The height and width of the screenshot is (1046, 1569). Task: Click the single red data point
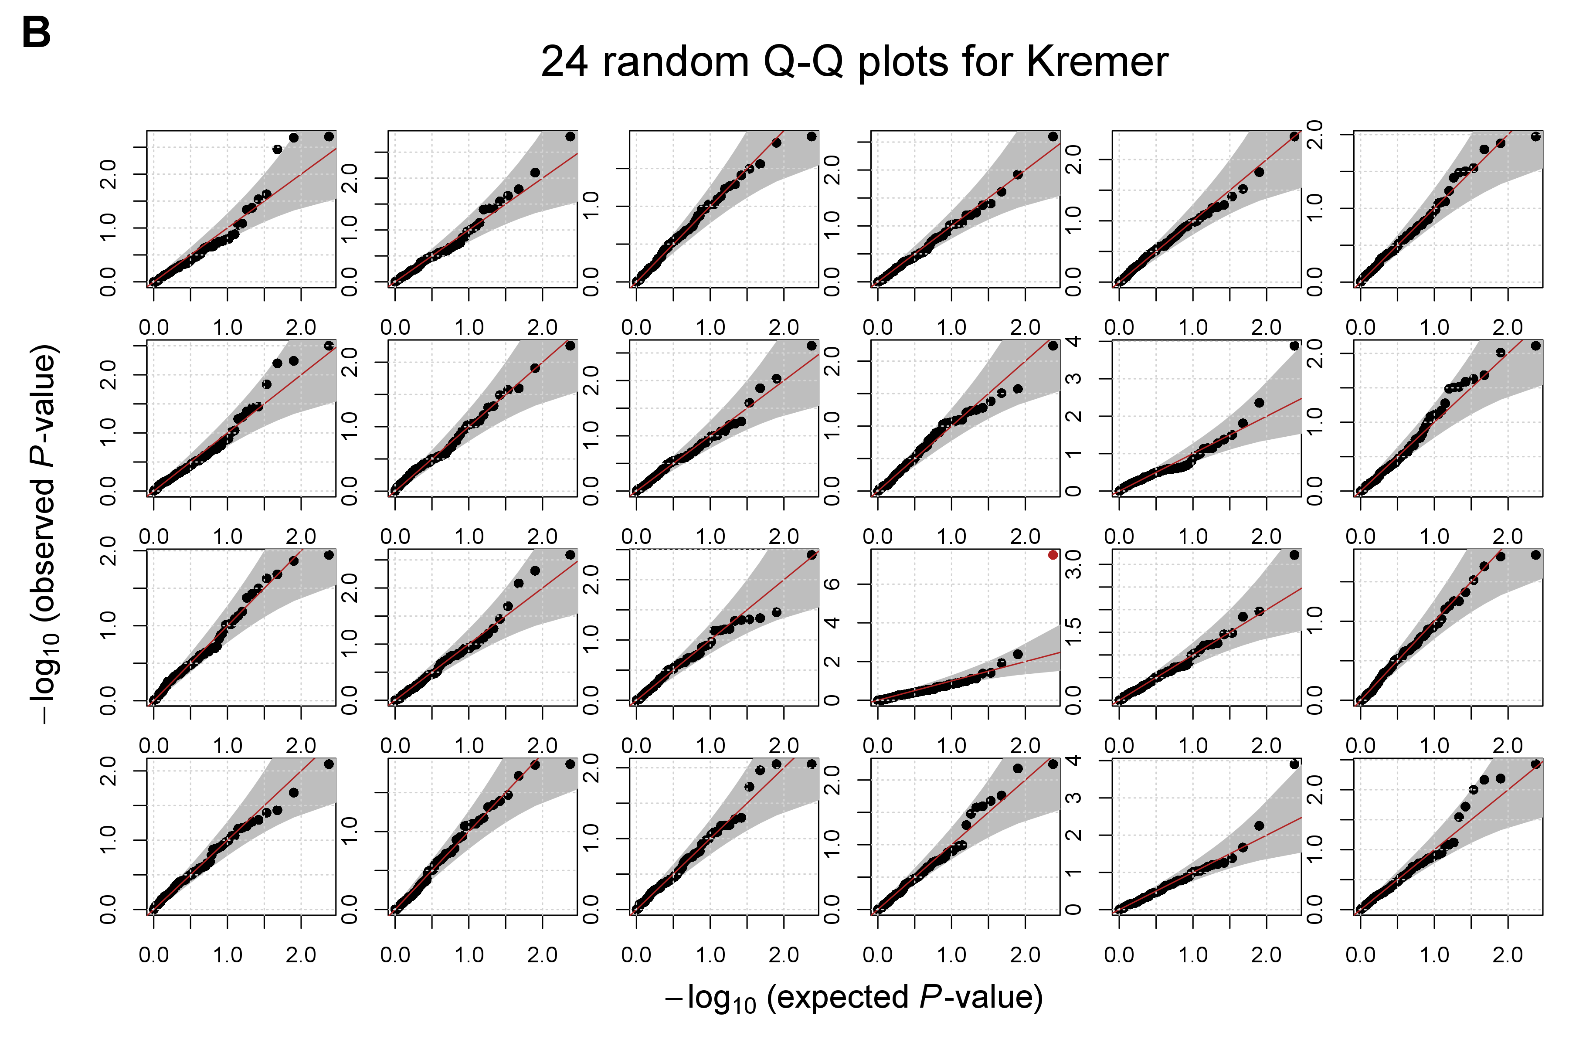point(1053,555)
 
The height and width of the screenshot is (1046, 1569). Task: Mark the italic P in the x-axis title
point(930,997)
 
